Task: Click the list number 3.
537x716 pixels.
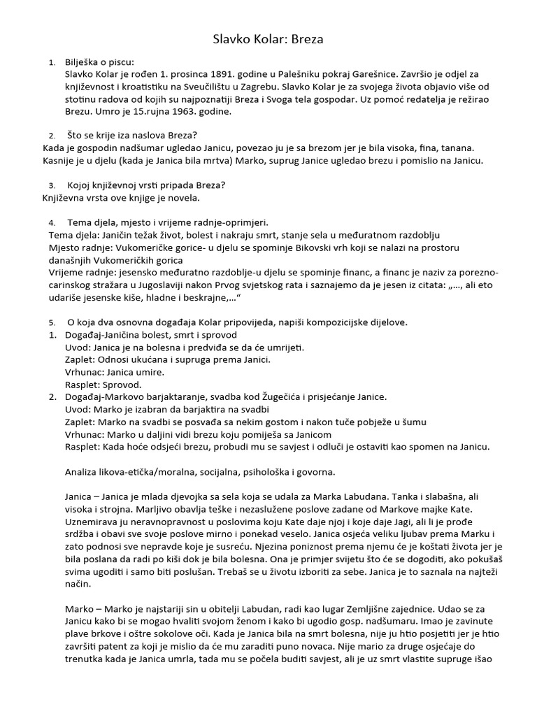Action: tap(52, 185)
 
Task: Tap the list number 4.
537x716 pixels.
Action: tap(52, 223)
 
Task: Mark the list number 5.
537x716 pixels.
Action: tap(52, 322)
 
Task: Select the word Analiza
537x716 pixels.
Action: tap(83, 471)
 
